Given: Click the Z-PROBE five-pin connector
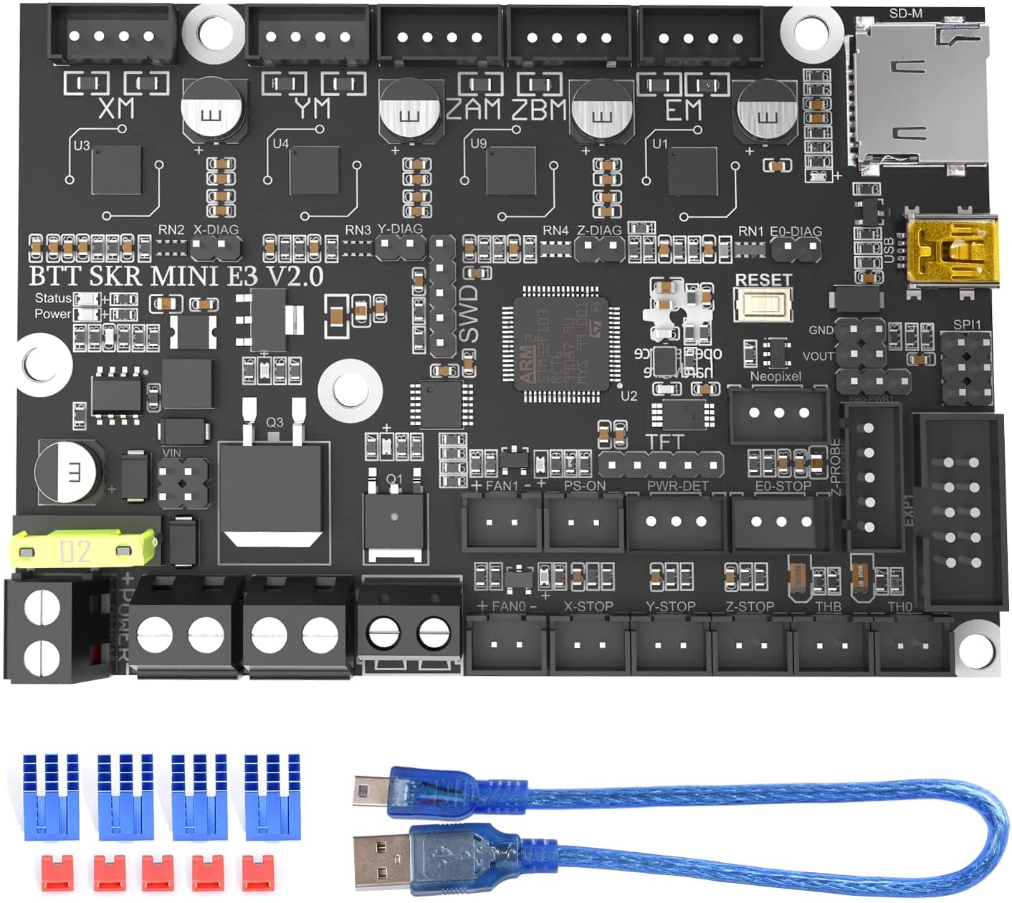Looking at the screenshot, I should [x=869, y=477].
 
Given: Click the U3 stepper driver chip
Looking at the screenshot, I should [x=116, y=171].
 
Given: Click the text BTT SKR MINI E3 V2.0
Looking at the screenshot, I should [x=176, y=277].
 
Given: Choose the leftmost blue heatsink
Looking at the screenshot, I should [x=51, y=795].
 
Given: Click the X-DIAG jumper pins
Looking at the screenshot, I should [x=216, y=248].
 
